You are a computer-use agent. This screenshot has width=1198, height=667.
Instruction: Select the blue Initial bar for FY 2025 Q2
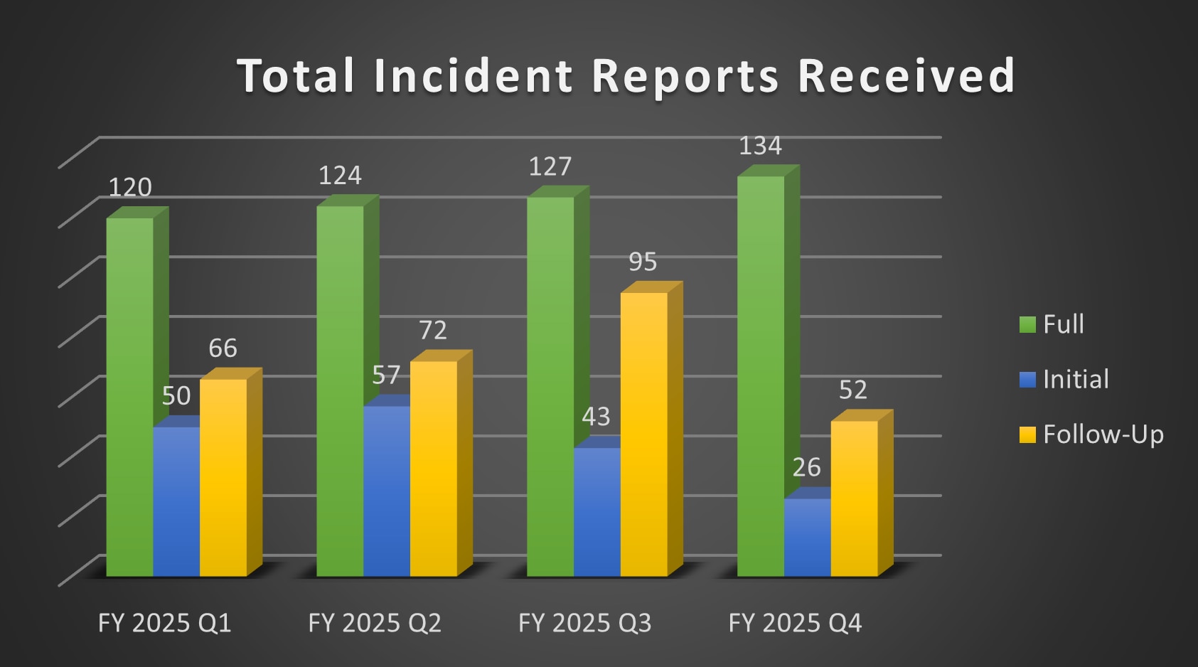coord(387,491)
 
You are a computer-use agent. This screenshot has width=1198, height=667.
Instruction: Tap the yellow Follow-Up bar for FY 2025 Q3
coord(643,434)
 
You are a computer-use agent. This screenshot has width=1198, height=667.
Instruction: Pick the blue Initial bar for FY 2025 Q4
coord(807,537)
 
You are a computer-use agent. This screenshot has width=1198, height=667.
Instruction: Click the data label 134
coord(760,146)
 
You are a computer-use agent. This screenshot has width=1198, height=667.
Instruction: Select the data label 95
coord(643,262)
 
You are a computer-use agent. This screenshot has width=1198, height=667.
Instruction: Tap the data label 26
coord(806,467)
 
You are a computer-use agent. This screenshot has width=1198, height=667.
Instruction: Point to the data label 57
coord(386,375)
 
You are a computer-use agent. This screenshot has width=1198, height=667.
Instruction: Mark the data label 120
coord(130,187)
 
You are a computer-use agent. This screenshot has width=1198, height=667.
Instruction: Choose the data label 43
coord(596,416)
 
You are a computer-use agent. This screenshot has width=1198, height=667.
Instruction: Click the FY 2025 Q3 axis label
coord(584,623)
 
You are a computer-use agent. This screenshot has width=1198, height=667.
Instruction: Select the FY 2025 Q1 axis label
coord(164,623)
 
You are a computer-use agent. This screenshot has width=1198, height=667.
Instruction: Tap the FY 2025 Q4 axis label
coord(795,623)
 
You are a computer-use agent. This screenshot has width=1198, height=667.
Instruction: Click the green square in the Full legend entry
coord(1027,325)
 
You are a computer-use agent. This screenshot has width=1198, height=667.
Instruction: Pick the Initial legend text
coord(1076,379)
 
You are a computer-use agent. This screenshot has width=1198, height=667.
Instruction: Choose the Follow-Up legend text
coord(1103,434)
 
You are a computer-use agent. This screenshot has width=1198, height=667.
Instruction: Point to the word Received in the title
coord(906,76)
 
